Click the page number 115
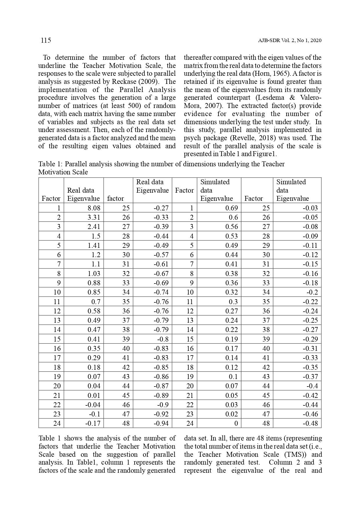[x=46, y=40]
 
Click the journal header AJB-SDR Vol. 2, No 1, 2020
[x=290, y=41]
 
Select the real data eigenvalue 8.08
[x=94, y=208]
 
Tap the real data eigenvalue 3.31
[x=94, y=217]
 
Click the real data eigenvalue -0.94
[x=161, y=423]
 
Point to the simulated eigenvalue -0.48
[x=310, y=423]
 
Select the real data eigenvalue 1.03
[x=94, y=274]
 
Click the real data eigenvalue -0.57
[x=161, y=255]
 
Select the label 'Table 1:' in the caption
[x=50, y=164]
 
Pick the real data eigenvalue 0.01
[x=94, y=396]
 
